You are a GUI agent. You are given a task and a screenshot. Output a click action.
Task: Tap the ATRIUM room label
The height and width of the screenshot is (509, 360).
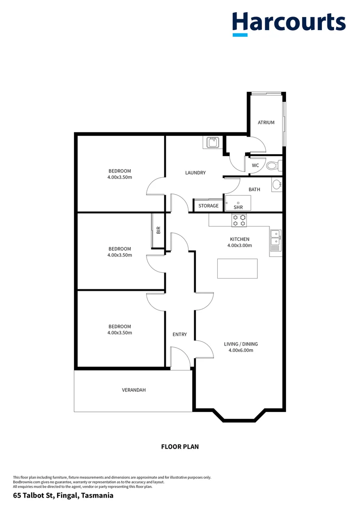(x=266, y=123)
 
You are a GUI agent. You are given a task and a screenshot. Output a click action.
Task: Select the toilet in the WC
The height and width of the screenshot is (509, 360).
(x=272, y=165)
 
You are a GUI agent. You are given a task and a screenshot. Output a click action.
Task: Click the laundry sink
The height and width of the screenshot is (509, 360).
(x=210, y=142)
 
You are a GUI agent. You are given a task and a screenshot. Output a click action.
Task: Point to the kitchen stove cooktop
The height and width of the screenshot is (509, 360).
(x=239, y=220)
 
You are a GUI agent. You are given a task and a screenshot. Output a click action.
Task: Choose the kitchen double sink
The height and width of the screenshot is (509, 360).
(x=275, y=239)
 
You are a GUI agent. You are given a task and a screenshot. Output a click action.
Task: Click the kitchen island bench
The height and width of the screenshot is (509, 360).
(x=237, y=268)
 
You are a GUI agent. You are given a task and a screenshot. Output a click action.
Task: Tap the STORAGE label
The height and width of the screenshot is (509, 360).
(x=208, y=206)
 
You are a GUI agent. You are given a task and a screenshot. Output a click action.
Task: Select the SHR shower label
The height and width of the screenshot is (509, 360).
(x=238, y=207)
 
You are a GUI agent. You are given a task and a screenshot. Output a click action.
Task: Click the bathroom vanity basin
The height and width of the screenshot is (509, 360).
(x=277, y=184)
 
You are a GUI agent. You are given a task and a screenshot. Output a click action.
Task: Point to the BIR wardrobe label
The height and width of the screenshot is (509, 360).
(x=159, y=230)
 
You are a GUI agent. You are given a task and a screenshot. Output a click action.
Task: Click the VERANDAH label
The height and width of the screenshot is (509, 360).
(x=134, y=390)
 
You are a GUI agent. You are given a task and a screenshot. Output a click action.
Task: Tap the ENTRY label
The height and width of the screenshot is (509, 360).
(x=180, y=335)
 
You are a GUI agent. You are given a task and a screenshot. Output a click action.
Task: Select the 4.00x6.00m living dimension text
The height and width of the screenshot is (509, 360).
(x=241, y=350)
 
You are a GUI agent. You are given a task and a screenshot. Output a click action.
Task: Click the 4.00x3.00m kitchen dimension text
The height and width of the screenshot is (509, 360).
(x=239, y=246)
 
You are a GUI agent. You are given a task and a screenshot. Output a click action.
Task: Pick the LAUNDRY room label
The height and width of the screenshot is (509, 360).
(x=195, y=173)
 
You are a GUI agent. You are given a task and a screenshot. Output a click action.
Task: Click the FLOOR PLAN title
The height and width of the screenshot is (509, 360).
(x=180, y=446)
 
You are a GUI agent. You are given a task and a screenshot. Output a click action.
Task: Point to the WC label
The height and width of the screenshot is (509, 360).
(x=255, y=165)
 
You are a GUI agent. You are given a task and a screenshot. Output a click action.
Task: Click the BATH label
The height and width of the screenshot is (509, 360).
(x=254, y=189)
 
